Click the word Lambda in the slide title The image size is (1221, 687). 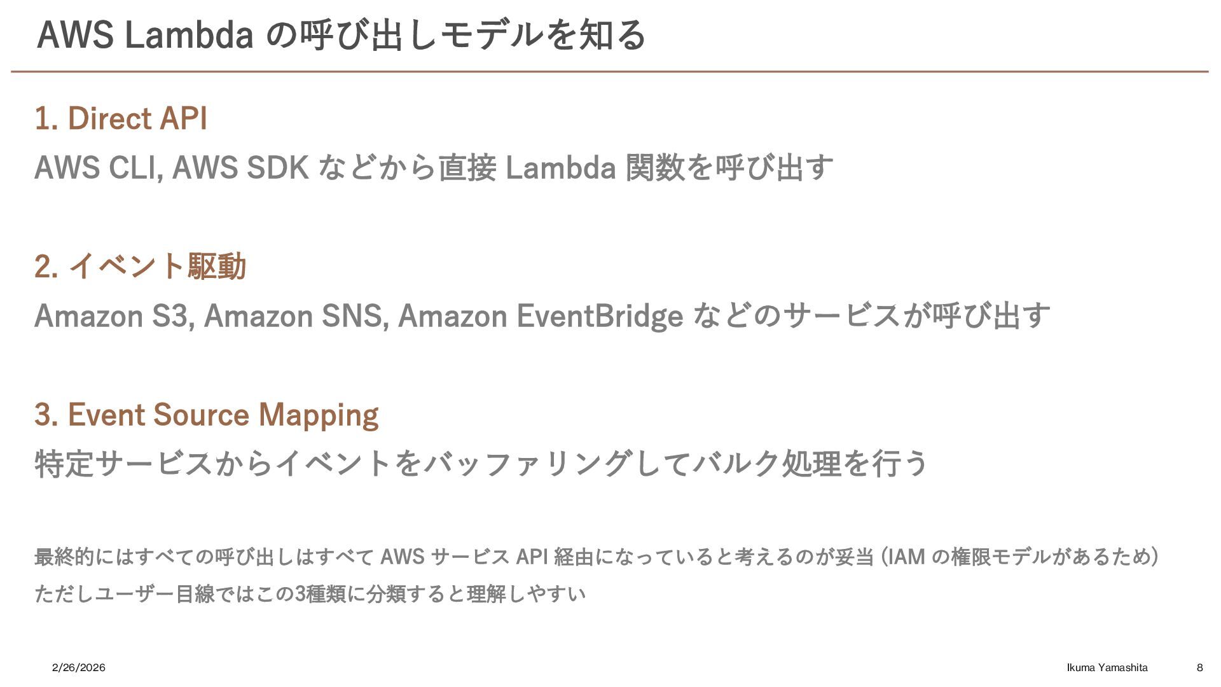click(190, 35)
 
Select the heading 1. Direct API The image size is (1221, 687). click(121, 119)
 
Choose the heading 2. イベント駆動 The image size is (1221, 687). click(140, 266)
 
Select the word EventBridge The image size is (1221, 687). click(600, 316)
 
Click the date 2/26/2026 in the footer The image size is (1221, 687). click(79, 667)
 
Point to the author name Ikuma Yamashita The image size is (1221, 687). click(1107, 667)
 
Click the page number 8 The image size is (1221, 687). click(1199, 667)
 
